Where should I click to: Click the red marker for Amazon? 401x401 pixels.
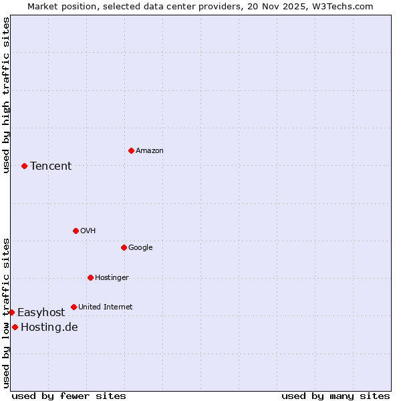tap(131, 150)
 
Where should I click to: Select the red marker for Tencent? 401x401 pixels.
tap(24, 166)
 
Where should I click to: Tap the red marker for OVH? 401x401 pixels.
tap(76, 231)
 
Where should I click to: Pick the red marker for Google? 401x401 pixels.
tap(124, 247)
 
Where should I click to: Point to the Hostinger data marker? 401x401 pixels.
tap(90, 277)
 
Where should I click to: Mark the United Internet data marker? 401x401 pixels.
tap(74, 307)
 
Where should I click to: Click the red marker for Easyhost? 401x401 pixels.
tap(11, 312)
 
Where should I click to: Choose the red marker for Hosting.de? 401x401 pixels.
tap(15, 327)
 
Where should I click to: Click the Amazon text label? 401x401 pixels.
tap(150, 150)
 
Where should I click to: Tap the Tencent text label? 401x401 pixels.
tap(51, 166)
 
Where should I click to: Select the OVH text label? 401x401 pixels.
tap(88, 231)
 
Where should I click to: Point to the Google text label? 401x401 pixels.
tap(140, 247)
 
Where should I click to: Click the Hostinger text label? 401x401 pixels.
tap(112, 277)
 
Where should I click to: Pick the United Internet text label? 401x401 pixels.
tap(106, 307)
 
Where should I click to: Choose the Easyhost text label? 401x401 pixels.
tap(41, 312)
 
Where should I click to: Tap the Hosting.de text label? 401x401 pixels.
tap(49, 327)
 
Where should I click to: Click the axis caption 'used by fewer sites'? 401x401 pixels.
tap(69, 396)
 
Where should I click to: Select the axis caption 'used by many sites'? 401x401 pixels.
tap(336, 396)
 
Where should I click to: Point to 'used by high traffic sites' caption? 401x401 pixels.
tap(6, 95)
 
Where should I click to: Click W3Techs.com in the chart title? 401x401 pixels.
tap(340, 6)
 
